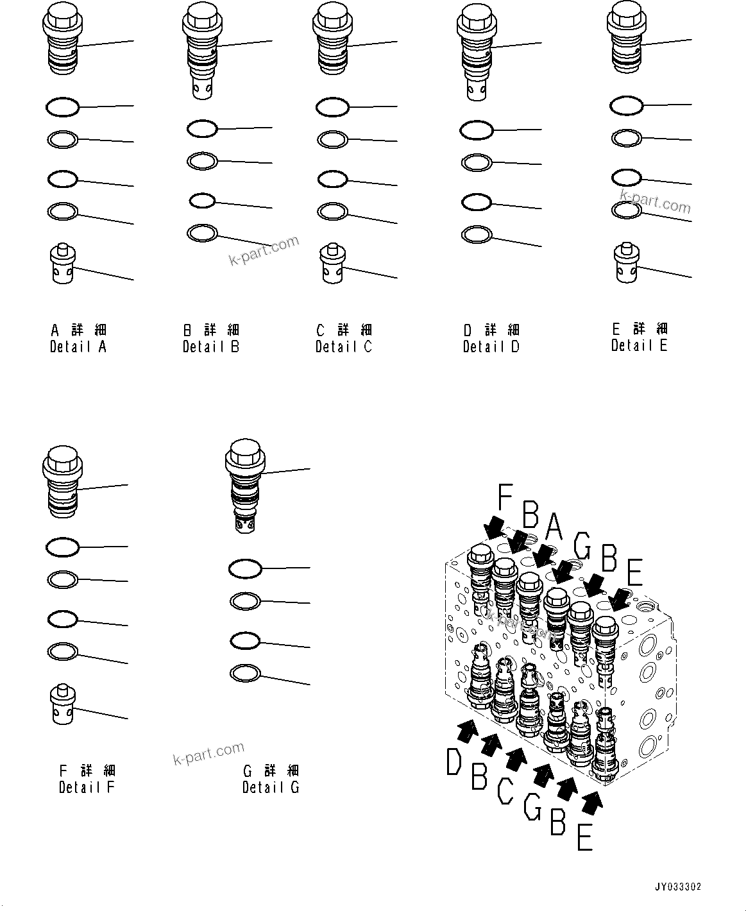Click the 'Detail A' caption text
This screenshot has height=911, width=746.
(78, 346)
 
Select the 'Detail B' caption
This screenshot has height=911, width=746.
(210, 346)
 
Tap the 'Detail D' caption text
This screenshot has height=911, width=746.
(491, 346)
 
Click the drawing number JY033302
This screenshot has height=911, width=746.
(678, 887)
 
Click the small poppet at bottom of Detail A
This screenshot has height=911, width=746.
(62, 262)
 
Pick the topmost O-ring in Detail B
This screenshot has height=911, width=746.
(202, 129)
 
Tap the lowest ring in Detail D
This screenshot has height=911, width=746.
(477, 235)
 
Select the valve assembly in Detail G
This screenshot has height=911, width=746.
(245, 485)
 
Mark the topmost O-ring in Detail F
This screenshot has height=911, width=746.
(62, 547)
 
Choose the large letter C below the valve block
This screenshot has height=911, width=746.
(505, 790)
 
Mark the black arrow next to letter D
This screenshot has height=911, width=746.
(468, 729)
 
